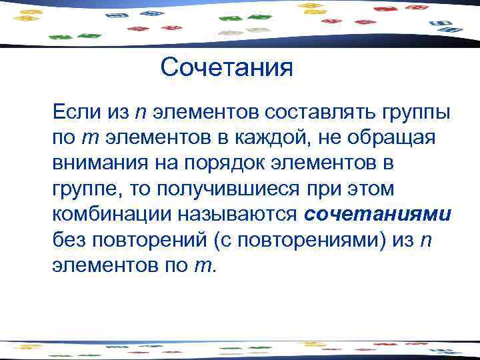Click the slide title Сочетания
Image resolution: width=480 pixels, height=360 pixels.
click(227, 67)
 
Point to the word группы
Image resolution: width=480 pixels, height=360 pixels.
click(417, 112)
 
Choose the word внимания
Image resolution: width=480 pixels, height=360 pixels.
click(97, 163)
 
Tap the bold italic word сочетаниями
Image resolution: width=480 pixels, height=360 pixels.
click(378, 215)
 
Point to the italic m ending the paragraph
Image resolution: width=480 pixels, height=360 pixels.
click(201, 266)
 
